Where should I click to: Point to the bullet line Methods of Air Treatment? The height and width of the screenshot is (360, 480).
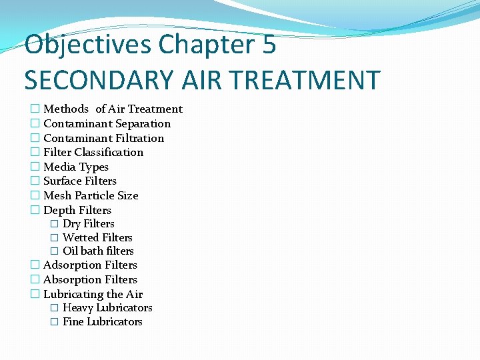[x=113, y=109]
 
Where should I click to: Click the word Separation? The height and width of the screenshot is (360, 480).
[x=143, y=124]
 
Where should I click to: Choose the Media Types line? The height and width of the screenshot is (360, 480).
[x=75, y=167]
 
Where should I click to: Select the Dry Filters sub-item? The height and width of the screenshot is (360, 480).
[x=88, y=224]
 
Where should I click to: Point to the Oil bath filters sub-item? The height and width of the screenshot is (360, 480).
[x=98, y=251]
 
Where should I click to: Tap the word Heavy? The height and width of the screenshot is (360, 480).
[x=78, y=308]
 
